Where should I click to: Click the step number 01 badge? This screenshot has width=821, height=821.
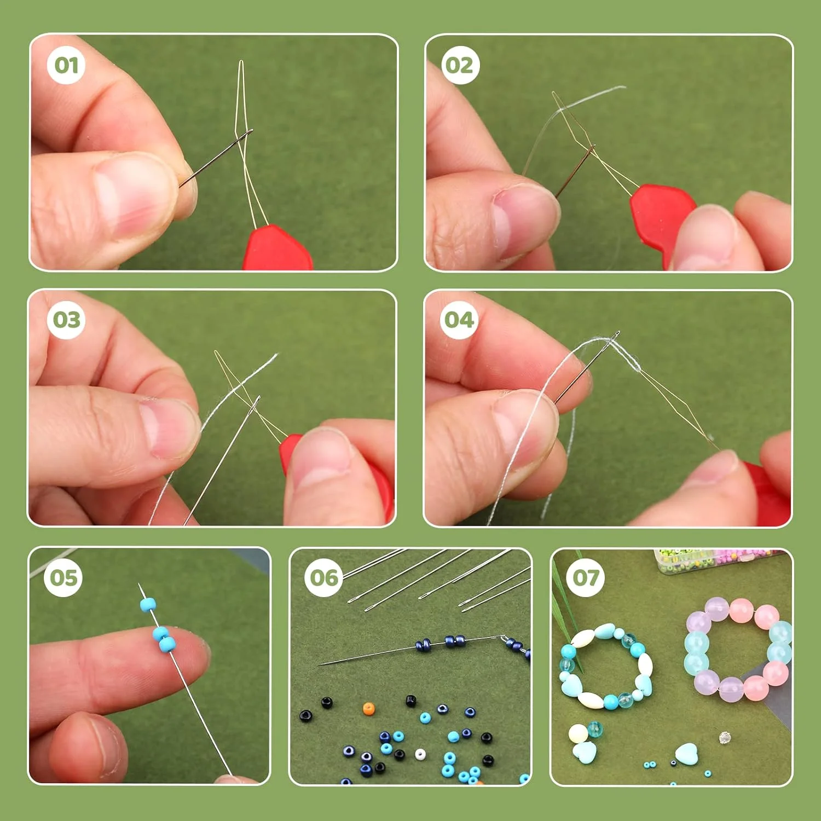(x=66, y=66)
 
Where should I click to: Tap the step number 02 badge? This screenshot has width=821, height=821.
(x=459, y=66)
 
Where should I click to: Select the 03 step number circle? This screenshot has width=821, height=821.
(x=66, y=320)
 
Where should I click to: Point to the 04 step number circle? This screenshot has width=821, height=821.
(x=459, y=320)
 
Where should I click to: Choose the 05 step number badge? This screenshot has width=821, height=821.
(x=63, y=577)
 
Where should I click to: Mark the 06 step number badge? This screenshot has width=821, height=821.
(x=324, y=577)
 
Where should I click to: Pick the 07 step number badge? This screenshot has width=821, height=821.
(x=586, y=577)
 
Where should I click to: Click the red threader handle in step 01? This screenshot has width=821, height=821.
(x=277, y=249)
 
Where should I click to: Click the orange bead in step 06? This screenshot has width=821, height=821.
(x=369, y=709)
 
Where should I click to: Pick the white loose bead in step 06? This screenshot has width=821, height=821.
(x=420, y=755)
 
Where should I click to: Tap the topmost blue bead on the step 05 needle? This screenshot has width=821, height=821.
(x=148, y=604)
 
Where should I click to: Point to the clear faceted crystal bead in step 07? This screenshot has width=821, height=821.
(x=725, y=737)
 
